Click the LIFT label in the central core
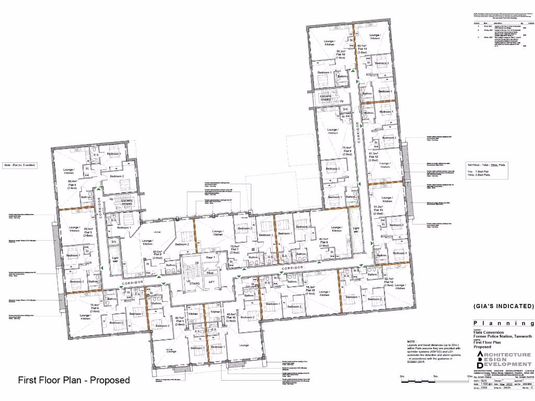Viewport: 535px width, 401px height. pos(211,282)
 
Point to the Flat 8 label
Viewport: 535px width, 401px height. pos(324,242)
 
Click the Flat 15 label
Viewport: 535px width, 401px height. pos(310,290)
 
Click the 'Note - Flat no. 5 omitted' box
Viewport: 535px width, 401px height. pos(22,166)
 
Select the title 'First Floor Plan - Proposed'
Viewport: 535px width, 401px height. pos(74,380)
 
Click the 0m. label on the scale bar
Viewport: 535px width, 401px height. pos(402,376)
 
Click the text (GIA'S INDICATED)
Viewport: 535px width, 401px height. pos(504,306)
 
